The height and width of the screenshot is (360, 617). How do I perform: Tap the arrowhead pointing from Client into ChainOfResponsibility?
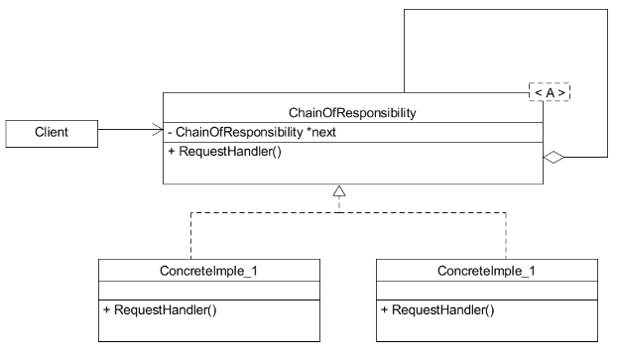157,129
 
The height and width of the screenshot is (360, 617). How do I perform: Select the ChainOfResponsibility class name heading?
352,112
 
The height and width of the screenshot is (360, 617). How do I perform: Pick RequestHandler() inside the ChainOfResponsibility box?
223,153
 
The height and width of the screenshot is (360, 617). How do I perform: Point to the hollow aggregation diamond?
555,156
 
